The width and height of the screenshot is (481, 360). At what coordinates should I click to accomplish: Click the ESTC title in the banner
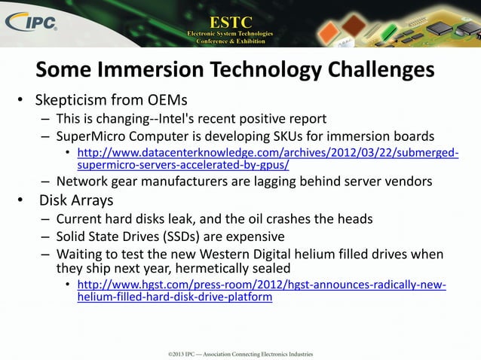(x=231, y=17)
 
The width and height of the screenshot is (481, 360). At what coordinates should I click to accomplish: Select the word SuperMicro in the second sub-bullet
(x=91, y=136)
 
